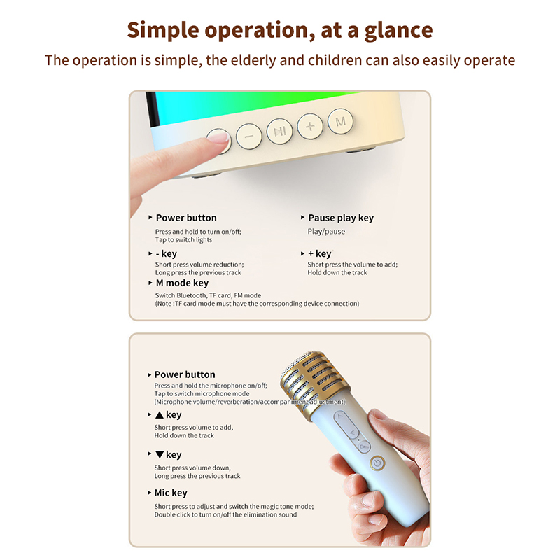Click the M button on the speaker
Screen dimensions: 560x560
point(340,121)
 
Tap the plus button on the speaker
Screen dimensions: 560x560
point(310,126)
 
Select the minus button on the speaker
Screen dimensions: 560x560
point(249,136)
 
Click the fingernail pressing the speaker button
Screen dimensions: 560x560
point(218,136)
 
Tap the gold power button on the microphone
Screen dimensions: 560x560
point(377,463)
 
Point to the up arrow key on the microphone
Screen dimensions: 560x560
point(340,418)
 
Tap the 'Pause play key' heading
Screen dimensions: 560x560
point(341,218)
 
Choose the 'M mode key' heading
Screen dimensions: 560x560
point(183,283)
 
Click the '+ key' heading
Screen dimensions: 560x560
point(320,253)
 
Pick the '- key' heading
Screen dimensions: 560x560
point(167,253)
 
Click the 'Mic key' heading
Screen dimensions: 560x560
point(171,493)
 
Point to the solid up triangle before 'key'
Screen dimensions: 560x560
point(160,415)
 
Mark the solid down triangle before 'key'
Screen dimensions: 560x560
point(160,455)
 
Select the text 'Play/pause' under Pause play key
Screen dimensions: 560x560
point(326,232)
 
